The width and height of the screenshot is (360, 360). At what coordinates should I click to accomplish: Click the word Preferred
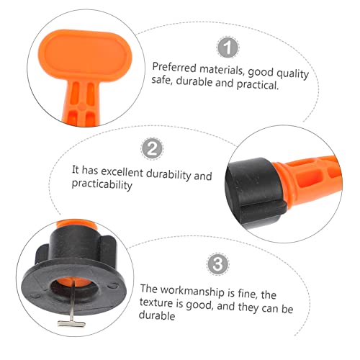click(x=171, y=66)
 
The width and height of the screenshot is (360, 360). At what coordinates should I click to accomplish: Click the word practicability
click(x=102, y=186)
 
